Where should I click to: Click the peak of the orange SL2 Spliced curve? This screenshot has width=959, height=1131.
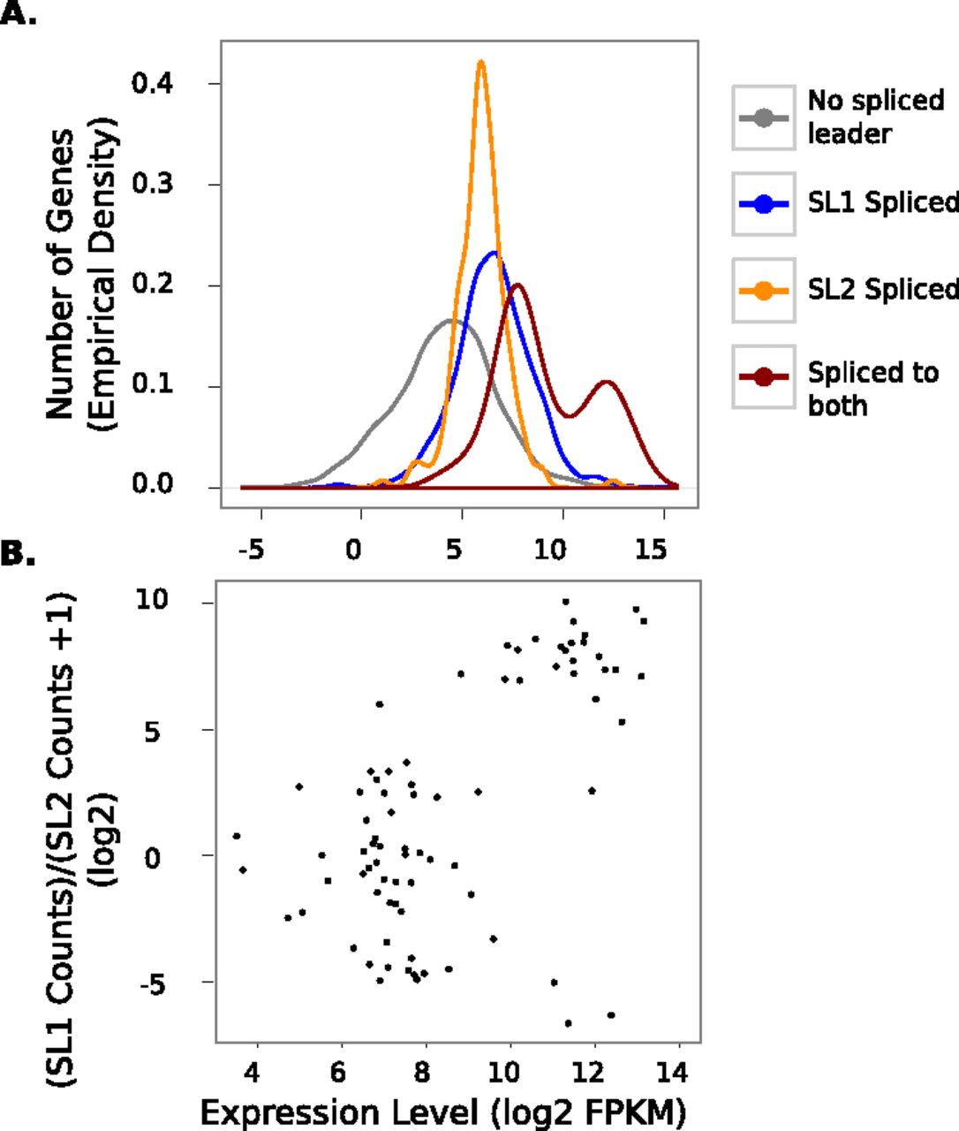pyautogui.click(x=481, y=62)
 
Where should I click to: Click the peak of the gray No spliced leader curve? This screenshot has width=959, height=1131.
pyautogui.click(x=450, y=320)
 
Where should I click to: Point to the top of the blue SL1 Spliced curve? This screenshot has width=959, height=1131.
pyautogui.click(x=495, y=253)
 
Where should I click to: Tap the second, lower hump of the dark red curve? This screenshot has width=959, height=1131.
pyautogui.click(x=606, y=382)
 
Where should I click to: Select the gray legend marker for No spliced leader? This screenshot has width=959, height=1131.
pyautogui.click(x=763, y=118)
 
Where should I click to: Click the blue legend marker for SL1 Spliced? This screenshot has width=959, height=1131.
pyautogui.click(x=763, y=204)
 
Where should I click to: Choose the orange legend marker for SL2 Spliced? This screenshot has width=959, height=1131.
pyautogui.click(x=763, y=291)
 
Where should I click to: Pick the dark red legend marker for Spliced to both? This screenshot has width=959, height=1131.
pyautogui.click(x=763, y=376)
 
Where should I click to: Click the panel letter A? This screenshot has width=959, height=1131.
pyautogui.click(x=18, y=12)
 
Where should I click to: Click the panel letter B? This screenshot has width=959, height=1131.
pyautogui.click(x=18, y=554)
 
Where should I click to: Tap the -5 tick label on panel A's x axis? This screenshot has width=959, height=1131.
pyautogui.click(x=252, y=549)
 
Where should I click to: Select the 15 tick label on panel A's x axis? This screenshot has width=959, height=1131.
pyautogui.click(x=651, y=549)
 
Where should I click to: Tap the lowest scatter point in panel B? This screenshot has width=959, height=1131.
pyautogui.click(x=568, y=1023)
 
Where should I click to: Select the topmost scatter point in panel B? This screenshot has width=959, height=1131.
pyautogui.click(x=566, y=602)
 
